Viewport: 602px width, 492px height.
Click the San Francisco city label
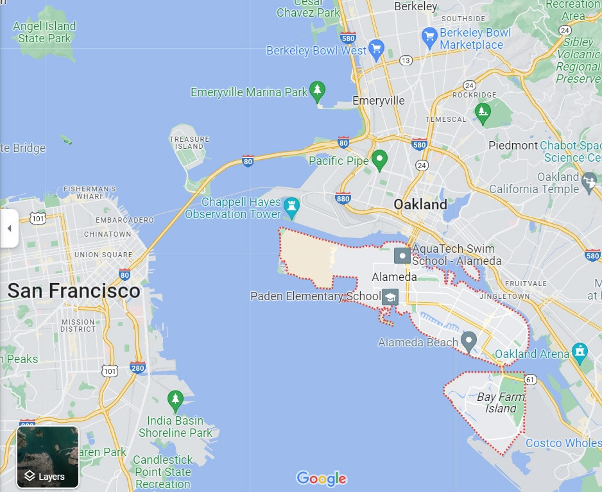point(73,291)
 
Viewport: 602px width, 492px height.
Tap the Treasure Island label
point(189,142)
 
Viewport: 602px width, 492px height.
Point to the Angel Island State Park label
point(44,32)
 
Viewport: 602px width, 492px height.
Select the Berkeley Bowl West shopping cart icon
point(377,48)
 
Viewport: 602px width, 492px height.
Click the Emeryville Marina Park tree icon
point(317,90)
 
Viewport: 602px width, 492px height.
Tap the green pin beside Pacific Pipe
point(379,159)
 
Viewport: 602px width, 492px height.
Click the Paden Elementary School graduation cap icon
point(390,297)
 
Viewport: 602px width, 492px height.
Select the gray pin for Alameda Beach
point(469,341)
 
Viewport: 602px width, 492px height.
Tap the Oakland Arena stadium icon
point(580,351)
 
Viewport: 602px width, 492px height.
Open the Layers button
point(47,457)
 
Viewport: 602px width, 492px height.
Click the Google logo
point(322,479)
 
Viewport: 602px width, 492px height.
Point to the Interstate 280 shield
point(137,368)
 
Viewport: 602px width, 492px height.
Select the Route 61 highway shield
point(530,380)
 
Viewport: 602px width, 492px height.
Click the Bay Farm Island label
point(501,403)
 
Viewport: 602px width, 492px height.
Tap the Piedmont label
point(513,145)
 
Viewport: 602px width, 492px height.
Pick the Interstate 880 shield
point(343,198)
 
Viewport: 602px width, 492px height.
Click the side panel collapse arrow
point(9,228)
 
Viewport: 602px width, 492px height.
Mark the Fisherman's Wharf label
point(89,192)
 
